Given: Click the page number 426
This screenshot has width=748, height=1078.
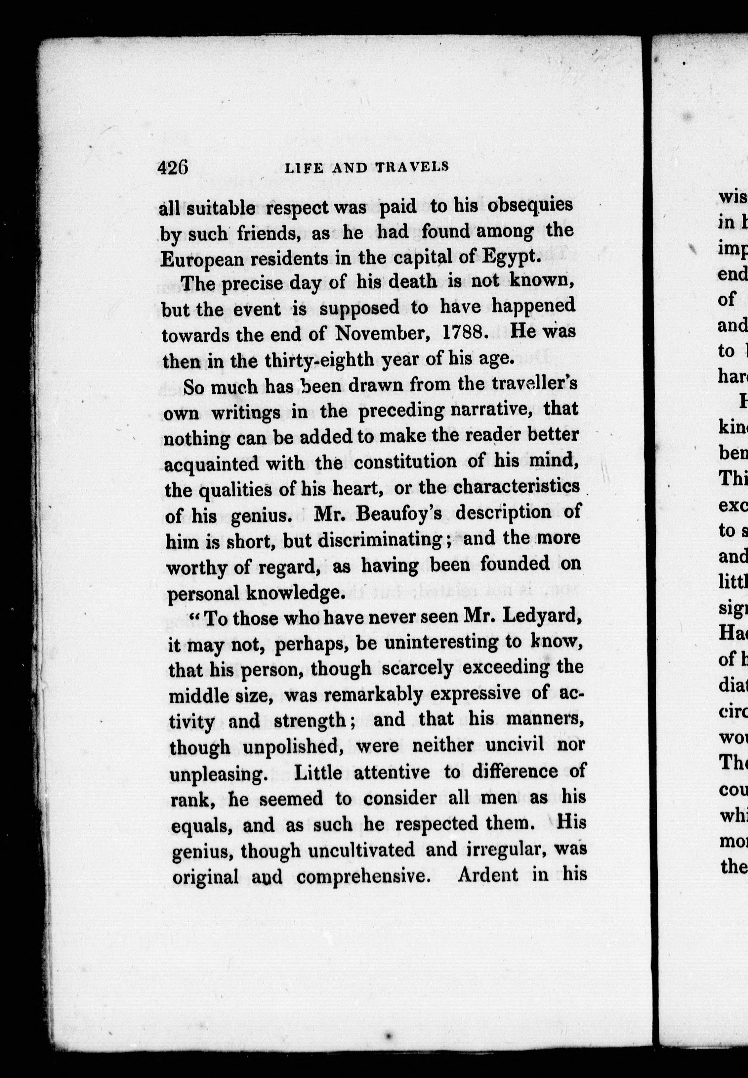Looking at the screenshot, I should coord(173,168).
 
